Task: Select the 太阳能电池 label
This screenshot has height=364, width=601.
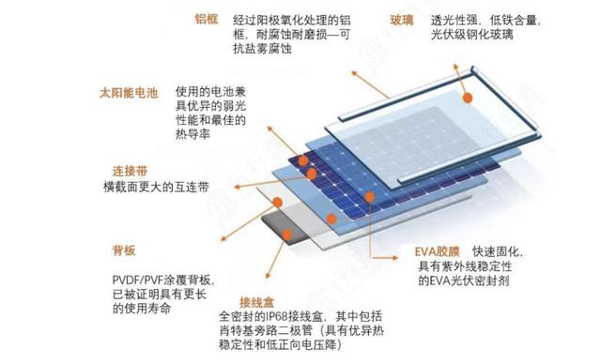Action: (130, 93)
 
